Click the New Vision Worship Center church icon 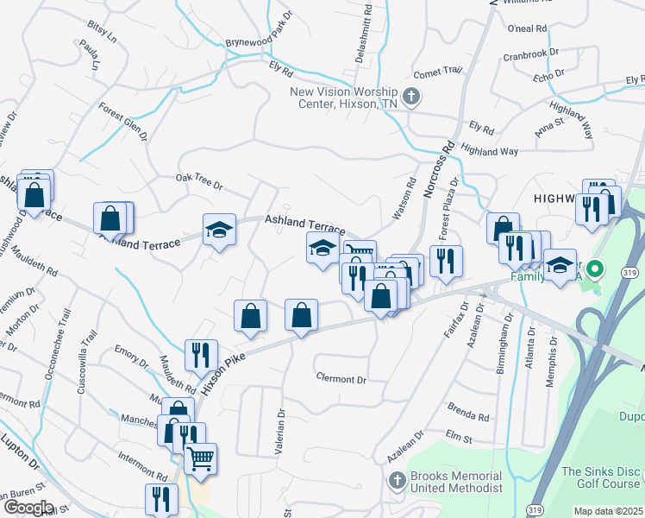411,96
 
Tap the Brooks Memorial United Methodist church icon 397,480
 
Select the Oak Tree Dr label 199,184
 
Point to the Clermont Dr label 341,379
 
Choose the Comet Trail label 438,73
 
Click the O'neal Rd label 528,28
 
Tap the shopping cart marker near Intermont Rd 201,458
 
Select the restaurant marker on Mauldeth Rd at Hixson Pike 196,354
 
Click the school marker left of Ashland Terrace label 219,230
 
